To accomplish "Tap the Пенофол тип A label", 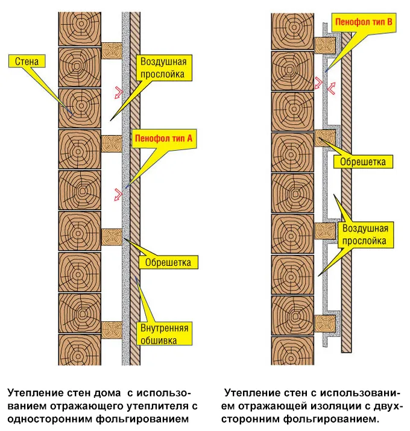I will click(165, 138).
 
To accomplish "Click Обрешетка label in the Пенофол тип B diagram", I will click(364, 162).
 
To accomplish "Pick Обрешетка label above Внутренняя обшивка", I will click(168, 263).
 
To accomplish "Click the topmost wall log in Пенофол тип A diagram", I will click(79, 27).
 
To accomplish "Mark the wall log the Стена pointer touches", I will click(79, 107).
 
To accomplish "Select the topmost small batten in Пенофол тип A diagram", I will click(112, 50).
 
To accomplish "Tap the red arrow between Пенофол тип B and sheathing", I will click(331, 87).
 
